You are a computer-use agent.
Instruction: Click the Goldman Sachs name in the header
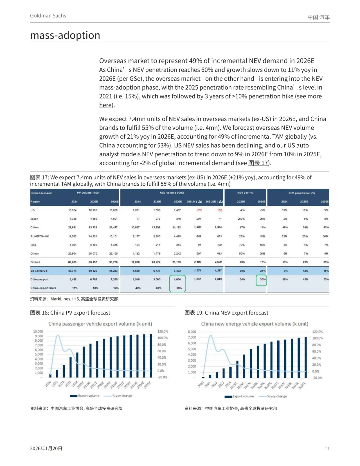point(48,16)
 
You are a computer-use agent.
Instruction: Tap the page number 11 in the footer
point(327,448)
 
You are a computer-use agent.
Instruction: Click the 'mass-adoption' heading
point(65,35)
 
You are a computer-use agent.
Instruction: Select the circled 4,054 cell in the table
point(177,279)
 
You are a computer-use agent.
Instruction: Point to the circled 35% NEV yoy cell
point(263,279)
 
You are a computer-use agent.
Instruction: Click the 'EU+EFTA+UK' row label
point(40,236)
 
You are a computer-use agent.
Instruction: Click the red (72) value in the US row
point(199,210)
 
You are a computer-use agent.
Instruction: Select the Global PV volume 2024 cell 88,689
point(72,262)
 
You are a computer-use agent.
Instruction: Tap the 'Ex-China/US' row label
point(39,271)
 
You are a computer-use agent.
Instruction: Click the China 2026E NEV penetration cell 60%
point(326,227)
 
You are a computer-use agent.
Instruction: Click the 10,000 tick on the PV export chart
point(38,331)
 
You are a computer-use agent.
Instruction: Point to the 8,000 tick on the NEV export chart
point(192,332)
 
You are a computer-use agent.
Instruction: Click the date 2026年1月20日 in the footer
point(46,448)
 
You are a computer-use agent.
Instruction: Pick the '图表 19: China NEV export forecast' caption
point(226,313)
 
